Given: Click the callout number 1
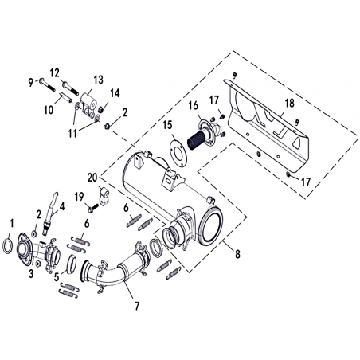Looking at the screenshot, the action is (x=11, y=224).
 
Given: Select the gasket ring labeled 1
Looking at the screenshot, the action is (x=3, y=246).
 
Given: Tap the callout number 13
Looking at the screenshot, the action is (x=98, y=80).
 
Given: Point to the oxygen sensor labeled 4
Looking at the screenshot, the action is (x=50, y=213).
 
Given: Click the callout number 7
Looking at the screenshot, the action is (x=137, y=306).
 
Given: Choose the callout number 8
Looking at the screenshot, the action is (x=237, y=254).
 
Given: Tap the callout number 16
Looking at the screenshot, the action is (x=194, y=106).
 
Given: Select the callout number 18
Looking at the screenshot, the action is (x=289, y=103).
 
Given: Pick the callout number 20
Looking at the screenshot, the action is (x=92, y=178).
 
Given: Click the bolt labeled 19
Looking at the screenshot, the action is (x=94, y=207).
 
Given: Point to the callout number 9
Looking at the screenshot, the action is (x=31, y=83).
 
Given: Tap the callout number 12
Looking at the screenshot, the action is (x=55, y=73).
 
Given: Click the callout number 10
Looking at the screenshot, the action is (x=49, y=110).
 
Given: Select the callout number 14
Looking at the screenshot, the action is (x=115, y=93).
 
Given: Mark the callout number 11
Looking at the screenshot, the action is (x=72, y=134).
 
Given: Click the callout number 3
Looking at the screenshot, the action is (x=31, y=274).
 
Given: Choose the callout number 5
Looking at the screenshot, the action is (x=57, y=277).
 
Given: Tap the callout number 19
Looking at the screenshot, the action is (x=79, y=197).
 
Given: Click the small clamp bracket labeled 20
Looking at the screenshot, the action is (x=105, y=196).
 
